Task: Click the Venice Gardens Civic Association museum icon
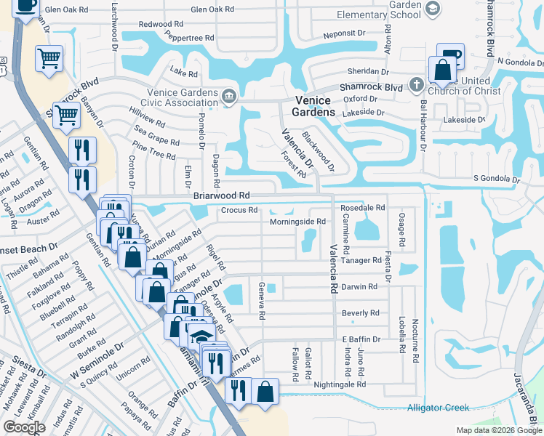click(x=230, y=96)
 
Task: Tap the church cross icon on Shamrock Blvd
click(x=417, y=85)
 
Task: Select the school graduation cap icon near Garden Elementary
click(x=433, y=8)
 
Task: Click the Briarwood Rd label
click(x=222, y=196)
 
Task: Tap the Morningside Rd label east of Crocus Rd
click(x=297, y=222)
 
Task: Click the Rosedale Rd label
click(x=362, y=208)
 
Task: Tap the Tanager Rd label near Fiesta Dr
click(x=361, y=260)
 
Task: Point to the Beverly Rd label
click(x=361, y=313)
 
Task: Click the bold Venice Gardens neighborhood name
click(x=314, y=106)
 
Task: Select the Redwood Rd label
click(x=161, y=24)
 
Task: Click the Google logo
click(x=24, y=427)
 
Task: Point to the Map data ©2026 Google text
click(x=498, y=430)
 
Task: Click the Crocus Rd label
click(x=239, y=211)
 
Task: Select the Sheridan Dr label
click(x=369, y=71)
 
